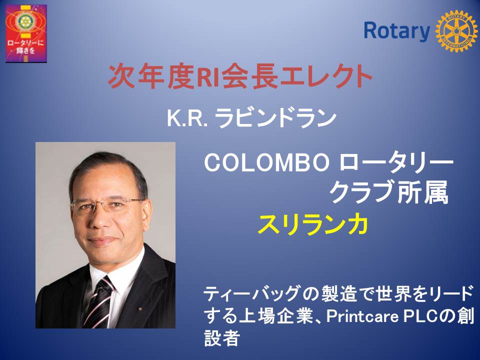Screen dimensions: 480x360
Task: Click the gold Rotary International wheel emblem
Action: pyautogui.click(x=456, y=30)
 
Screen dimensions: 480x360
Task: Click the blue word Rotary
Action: pyautogui.click(x=397, y=31)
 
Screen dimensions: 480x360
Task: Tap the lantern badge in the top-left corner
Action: pyautogui.click(x=26, y=33)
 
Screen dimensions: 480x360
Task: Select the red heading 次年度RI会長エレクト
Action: pyautogui.click(x=240, y=76)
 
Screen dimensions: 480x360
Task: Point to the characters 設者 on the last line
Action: pyautogui.click(x=221, y=338)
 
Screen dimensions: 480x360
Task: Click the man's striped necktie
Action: pyautogui.click(x=98, y=301)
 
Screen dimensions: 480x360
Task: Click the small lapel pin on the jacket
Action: pyautogui.click(x=140, y=309)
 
